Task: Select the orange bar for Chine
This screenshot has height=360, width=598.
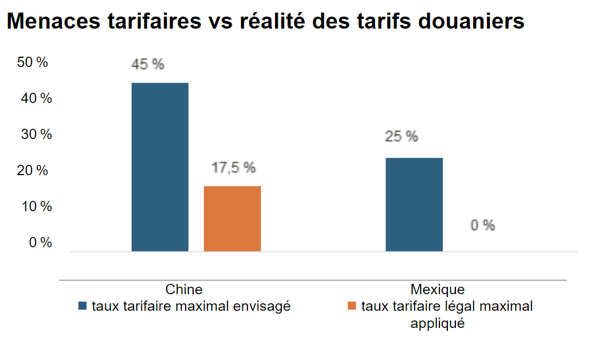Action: (232, 219)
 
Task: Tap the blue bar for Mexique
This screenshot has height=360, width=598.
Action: (414, 204)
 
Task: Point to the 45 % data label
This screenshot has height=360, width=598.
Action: (148, 64)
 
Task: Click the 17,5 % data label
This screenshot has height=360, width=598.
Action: (232, 168)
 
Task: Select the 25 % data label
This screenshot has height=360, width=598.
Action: (402, 137)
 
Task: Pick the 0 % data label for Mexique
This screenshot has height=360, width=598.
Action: (482, 226)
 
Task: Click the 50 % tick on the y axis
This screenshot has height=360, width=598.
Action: (33, 62)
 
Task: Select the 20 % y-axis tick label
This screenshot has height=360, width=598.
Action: (33, 171)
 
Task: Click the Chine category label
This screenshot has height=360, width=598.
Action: (184, 289)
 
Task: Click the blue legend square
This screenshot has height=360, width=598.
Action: (82, 307)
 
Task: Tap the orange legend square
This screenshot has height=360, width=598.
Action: (352, 307)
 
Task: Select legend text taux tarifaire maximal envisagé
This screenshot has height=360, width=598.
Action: (191, 306)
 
